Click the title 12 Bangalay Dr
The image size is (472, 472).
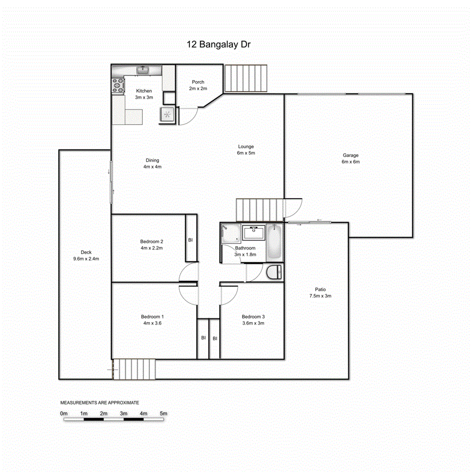[x=219, y=45]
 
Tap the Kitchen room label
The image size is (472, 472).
[x=144, y=91]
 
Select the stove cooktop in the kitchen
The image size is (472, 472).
[x=118, y=85]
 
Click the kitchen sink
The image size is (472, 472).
[x=143, y=69]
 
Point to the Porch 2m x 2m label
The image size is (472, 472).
[x=198, y=85]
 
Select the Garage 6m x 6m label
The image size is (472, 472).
[x=350, y=159]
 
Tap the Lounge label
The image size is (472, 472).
[x=246, y=147]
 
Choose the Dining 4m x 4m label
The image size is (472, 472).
[x=152, y=163]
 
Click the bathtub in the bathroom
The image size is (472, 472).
[x=273, y=242]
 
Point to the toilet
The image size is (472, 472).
[x=273, y=272]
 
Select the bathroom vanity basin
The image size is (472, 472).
[x=253, y=233]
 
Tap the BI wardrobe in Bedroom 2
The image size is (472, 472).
[x=190, y=240]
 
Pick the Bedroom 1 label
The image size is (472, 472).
[x=152, y=317]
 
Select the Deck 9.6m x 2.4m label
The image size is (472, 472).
[x=86, y=256]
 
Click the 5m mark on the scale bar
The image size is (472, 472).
[x=163, y=414]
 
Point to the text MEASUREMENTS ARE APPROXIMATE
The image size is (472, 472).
[x=100, y=402]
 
